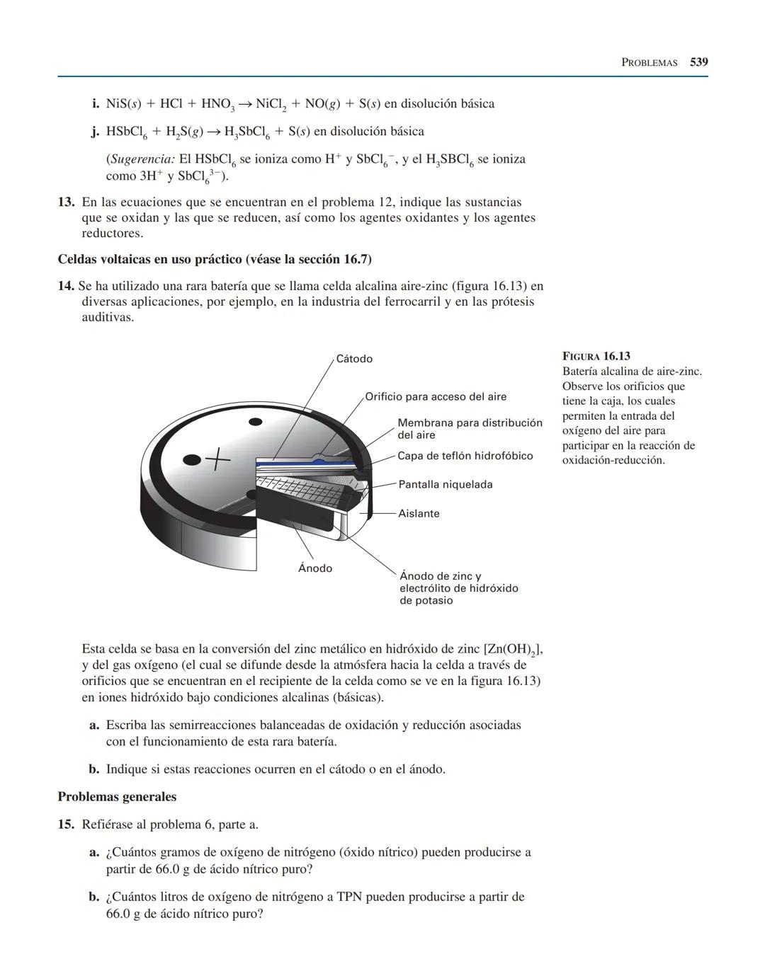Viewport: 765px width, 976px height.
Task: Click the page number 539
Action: [x=698, y=62]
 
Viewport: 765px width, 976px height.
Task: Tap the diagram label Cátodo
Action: [x=354, y=359]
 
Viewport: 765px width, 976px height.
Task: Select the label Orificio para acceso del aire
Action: [x=436, y=396]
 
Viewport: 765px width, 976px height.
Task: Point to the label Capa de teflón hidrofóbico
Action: [x=465, y=456]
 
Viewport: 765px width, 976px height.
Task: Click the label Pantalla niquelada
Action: [x=445, y=485]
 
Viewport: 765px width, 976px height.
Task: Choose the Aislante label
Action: [x=419, y=514]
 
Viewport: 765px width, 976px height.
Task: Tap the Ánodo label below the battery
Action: [x=315, y=568]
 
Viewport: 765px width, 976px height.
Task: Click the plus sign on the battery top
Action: [x=219, y=460]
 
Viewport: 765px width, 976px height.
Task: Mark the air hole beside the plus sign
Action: [x=192, y=461]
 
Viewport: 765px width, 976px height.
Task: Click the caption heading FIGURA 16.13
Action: [x=596, y=356]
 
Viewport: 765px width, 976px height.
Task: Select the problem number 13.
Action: [x=66, y=202]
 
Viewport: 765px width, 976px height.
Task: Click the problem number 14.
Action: [x=66, y=287]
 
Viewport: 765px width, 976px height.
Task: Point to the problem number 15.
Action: [x=66, y=825]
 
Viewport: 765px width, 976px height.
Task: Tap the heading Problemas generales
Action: [x=117, y=797]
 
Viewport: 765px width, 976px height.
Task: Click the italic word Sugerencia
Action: [x=140, y=159]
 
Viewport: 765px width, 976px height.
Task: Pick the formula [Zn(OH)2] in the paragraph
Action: [x=513, y=650]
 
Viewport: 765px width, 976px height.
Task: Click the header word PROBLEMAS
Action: [x=649, y=62]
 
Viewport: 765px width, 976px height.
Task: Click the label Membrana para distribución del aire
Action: [x=469, y=428]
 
